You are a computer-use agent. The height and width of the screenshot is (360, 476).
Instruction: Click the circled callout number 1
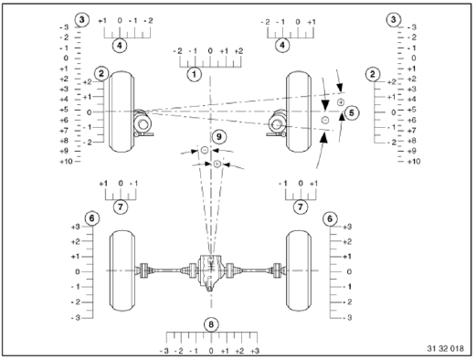coord(194,70)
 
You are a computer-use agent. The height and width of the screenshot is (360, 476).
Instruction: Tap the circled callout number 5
coord(354,112)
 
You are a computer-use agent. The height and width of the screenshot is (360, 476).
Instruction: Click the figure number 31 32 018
coord(447,348)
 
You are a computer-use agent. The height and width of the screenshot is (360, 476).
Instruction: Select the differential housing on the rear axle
coord(211,271)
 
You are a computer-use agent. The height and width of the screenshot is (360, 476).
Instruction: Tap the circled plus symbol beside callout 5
coord(340,103)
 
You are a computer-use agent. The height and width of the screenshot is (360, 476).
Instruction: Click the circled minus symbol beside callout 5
coord(324,121)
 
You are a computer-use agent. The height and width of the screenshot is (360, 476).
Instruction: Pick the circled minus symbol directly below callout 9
coord(205,150)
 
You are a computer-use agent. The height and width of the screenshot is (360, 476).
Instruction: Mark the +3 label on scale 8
coord(255,350)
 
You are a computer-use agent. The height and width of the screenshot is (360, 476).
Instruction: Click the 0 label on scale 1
coord(210,51)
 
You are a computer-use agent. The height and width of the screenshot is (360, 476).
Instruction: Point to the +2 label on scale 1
coord(238,51)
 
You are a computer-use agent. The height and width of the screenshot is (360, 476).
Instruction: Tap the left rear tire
coord(122,271)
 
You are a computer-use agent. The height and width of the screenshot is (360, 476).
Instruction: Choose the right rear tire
coord(301,271)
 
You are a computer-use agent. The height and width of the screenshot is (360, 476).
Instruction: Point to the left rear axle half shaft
coord(164,271)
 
